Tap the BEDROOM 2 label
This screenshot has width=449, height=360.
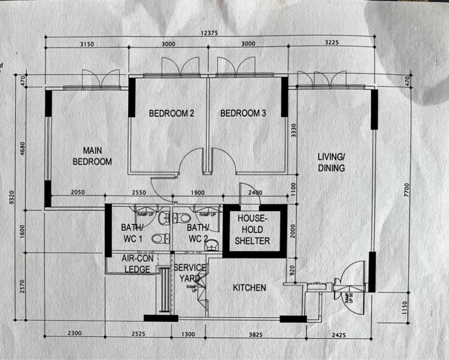point(171,113)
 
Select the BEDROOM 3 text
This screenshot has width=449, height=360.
point(243,113)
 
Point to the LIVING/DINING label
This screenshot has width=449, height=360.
point(331,162)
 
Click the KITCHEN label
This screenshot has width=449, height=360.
point(250,288)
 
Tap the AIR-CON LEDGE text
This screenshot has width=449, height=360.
point(136,263)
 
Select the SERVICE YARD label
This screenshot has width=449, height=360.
point(189,273)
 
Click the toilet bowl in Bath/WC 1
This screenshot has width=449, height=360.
point(159,239)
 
